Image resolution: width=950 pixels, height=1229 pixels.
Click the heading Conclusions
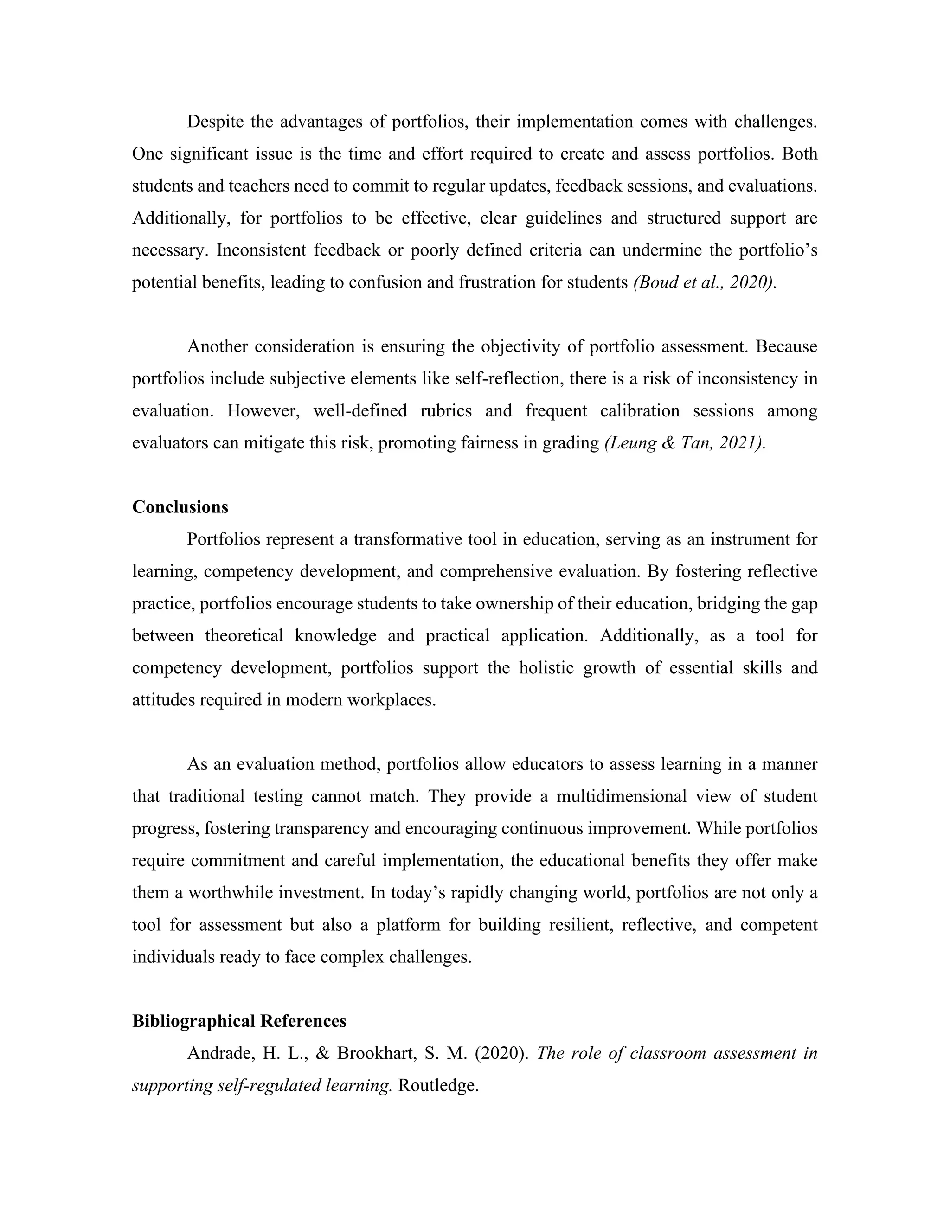(180, 507)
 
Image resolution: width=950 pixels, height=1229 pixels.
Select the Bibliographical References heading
(239, 1021)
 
